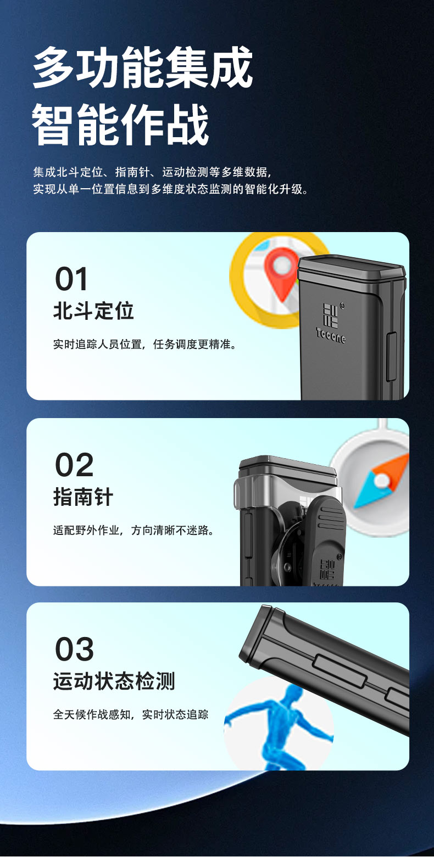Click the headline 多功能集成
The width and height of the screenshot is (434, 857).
tap(142, 67)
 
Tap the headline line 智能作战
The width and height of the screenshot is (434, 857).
tap(120, 125)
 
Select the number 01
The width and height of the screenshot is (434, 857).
tap(71, 279)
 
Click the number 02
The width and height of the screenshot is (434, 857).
tap(74, 465)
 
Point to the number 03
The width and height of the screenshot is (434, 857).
tap(74, 649)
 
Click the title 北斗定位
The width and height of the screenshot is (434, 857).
tap(93, 311)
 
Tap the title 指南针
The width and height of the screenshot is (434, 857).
tap(83, 497)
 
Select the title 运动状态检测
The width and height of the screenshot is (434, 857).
tap(114, 681)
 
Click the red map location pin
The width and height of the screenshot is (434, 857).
tap(281, 273)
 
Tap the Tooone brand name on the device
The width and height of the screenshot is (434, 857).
tap(331, 335)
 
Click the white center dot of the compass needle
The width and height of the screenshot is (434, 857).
tap(381, 480)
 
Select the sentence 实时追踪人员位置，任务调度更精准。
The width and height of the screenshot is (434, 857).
tap(145, 345)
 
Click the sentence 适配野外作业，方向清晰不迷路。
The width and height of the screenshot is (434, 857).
tap(133, 530)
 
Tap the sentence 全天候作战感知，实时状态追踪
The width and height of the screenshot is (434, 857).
tap(131, 714)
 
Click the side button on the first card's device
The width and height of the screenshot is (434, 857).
tap(391, 357)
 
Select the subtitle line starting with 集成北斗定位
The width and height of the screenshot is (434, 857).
tap(152, 172)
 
